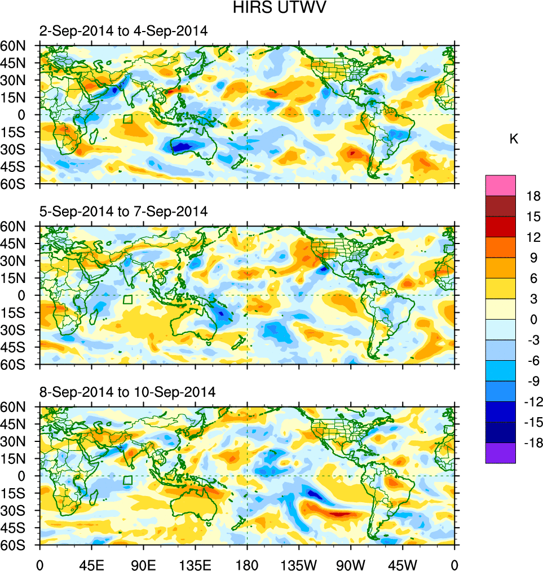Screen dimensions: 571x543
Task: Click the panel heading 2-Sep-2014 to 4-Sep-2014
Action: click(123, 32)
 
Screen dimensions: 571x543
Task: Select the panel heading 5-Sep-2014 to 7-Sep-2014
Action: click(123, 212)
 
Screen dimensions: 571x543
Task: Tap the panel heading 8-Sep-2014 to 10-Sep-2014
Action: click(127, 392)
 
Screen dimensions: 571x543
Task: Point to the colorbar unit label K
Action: click(514, 139)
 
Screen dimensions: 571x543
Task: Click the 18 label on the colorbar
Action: click(533, 197)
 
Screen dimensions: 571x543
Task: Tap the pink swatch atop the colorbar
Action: click(500, 185)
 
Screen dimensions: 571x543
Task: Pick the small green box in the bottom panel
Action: click(127, 480)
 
